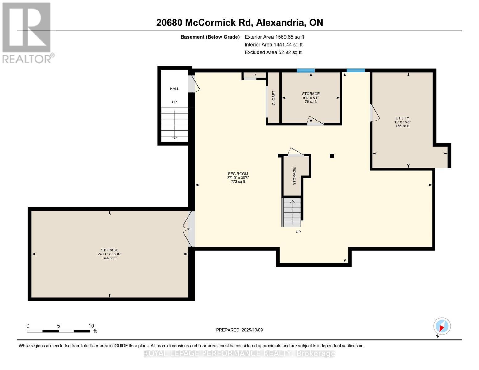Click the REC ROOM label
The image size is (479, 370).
click(x=238, y=174)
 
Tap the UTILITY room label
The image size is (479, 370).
click(x=402, y=118)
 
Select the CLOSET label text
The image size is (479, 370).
click(x=274, y=98)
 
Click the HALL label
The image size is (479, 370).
click(x=174, y=89)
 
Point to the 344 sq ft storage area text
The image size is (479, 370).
click(x=109, y=258)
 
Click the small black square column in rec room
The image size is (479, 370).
click(x=332, y=156)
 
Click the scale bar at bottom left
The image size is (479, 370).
click(x=58, y=331)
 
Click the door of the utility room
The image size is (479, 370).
click(x=374, y=112)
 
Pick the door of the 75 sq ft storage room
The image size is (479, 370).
click(x=315, y=122)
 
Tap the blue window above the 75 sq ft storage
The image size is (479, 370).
click(x=305, y=71)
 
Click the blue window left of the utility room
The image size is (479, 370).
click(x=356, y=71)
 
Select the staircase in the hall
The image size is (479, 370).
click(x=175, y=125)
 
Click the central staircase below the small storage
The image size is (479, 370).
click(x=291, y=212)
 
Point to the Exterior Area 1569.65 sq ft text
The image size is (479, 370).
click(x=274, y=37)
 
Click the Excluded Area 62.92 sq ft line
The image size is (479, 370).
click(x=273, y=52)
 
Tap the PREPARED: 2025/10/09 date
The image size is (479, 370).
click(x=239, y=330)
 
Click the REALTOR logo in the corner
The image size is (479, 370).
click(x=27, y=32)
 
